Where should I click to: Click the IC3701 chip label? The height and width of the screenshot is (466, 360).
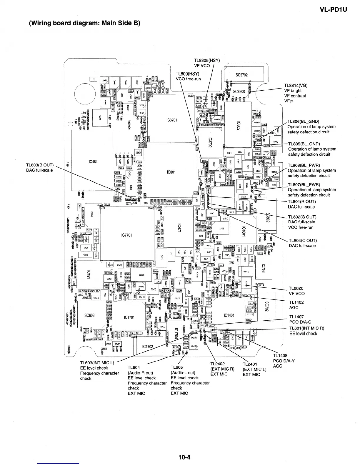point(171,120)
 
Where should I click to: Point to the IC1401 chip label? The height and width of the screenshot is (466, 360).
point(229,315)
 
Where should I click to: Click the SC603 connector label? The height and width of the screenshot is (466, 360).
point(89,315)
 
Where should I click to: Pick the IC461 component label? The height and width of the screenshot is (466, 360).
point(93,162)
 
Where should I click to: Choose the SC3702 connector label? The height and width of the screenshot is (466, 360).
point(242,75)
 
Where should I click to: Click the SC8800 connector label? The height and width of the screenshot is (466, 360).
point(239,91)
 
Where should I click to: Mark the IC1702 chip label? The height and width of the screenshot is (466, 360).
point(148,347)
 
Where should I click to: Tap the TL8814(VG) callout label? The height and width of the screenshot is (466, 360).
point(296,86)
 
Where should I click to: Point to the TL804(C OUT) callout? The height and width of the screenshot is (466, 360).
point(303,240)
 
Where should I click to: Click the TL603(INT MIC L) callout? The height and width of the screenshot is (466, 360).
point(97,362)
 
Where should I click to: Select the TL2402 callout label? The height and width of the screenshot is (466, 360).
point(218,364)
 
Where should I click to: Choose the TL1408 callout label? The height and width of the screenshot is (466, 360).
point(280,356)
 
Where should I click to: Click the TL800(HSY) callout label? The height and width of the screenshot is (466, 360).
point(187,74)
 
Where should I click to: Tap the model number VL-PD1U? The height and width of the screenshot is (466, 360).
point(333,10)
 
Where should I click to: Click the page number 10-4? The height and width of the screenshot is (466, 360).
point(184,457)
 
